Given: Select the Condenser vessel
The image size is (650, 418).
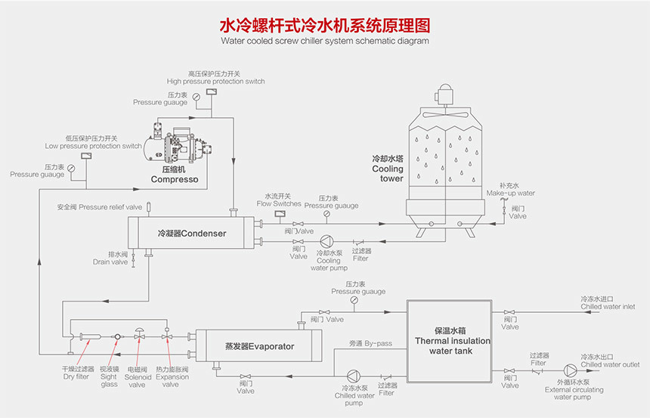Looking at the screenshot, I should click(191, 234).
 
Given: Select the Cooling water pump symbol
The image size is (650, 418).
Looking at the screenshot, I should click(325, 241).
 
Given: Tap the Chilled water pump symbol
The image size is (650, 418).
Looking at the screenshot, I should click(353, 376).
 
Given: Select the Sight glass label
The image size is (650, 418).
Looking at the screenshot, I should click(110, 376).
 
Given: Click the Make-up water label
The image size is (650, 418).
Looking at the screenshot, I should click(516, 189).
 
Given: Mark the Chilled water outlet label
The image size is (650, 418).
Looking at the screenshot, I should click(609, 361).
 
